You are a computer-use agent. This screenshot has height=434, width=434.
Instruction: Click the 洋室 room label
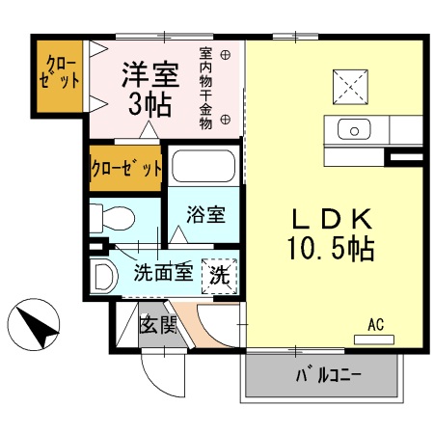pos(149,73)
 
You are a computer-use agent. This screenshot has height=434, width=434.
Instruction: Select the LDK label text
pos(329,219)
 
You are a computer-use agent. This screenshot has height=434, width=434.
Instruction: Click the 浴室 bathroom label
pos(207,213)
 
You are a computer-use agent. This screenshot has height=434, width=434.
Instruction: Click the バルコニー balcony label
pos(322,374)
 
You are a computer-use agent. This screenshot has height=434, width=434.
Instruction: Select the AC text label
pos(375,325)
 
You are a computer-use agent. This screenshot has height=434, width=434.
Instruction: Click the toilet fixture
pos(114,217)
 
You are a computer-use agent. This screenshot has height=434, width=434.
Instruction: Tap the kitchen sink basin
pos(354,129)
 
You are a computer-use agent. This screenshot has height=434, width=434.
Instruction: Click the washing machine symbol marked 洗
pos(218,274)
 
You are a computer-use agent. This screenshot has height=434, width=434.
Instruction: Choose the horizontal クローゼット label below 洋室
pos(124,167)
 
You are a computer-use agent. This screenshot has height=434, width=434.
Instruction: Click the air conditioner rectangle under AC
pos(375,339)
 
